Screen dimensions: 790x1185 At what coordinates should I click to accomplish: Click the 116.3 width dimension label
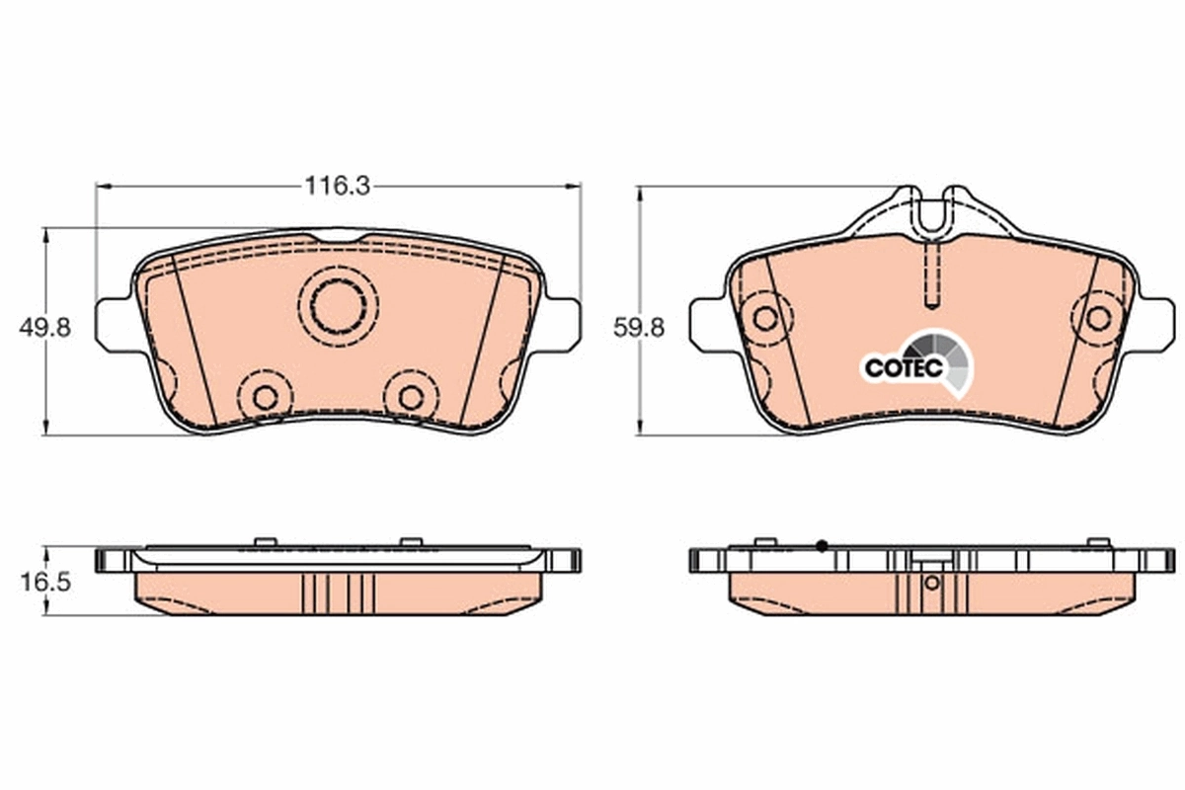coord(337,186)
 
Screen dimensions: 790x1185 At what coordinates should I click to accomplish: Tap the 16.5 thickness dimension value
coord(44,583)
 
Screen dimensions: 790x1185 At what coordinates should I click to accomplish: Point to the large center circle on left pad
coord(338,305)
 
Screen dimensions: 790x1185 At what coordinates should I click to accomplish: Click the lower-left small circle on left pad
coord(264,397)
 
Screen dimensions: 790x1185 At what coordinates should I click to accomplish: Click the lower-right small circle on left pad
coord(411,397)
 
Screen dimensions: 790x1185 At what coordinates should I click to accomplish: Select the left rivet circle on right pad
coord(764,318)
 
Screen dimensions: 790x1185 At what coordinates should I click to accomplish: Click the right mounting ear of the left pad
coord(561,322)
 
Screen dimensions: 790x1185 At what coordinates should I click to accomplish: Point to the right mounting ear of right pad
coord(1157,324)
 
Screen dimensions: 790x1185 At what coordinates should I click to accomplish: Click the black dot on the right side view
coord(822,545)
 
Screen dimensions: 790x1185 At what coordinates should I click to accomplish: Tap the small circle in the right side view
coord(931,583)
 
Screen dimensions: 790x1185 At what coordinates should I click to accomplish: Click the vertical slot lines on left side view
coord(338,592)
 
